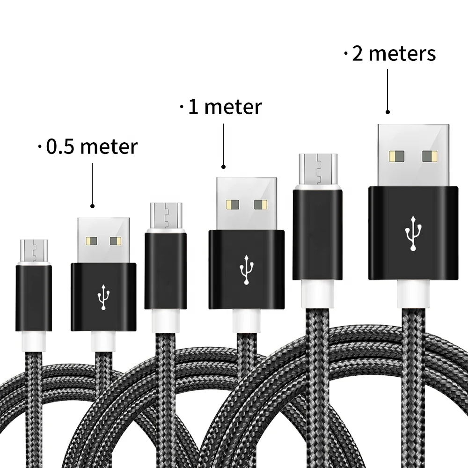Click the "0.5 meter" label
pyautogui.click(x=92, y=147)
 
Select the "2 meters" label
pyautogui.click(x=394, y=54)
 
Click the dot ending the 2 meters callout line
pyautogui.click(x=388, y=112)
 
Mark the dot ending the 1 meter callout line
pyautogui.click(x=223, y=166)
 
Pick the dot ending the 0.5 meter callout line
pyautogui.click(x=92, y=205)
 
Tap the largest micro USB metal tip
pyautogui.click(x=317, y=168)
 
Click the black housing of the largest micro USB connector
pyautogui.click(x=317, y=234)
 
